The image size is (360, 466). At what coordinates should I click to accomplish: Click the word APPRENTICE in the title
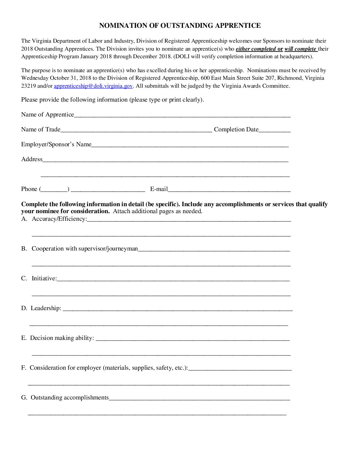tap(238, 25)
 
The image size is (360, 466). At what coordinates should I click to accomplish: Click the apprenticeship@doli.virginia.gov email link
tap(93, 86)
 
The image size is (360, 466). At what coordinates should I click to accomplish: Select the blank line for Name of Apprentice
tap(182, 116)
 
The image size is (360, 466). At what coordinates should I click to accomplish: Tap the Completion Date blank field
tap(274, 130)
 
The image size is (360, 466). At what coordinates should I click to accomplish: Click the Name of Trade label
tap(41, 129)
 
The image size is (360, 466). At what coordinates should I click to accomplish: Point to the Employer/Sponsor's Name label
tap(56, 144)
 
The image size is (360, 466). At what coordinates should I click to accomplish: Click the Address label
tap(32, 159)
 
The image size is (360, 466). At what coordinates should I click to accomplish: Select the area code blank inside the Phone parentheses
tap(54, 190)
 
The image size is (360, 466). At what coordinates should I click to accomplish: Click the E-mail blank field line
tap(229, 190)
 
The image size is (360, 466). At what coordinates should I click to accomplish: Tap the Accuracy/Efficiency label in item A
tap(59, 219)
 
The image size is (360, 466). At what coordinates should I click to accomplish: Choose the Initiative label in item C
tap(44, 278)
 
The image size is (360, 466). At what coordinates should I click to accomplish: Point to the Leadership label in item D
tap(46, 308)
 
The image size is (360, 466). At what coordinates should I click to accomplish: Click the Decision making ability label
tap(62, 338)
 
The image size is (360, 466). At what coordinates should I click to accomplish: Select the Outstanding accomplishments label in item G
tap(69, 397)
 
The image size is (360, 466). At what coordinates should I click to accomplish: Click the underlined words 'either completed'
tap(255, 49)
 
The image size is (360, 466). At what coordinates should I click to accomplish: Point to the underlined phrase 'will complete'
tap(300, 49)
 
